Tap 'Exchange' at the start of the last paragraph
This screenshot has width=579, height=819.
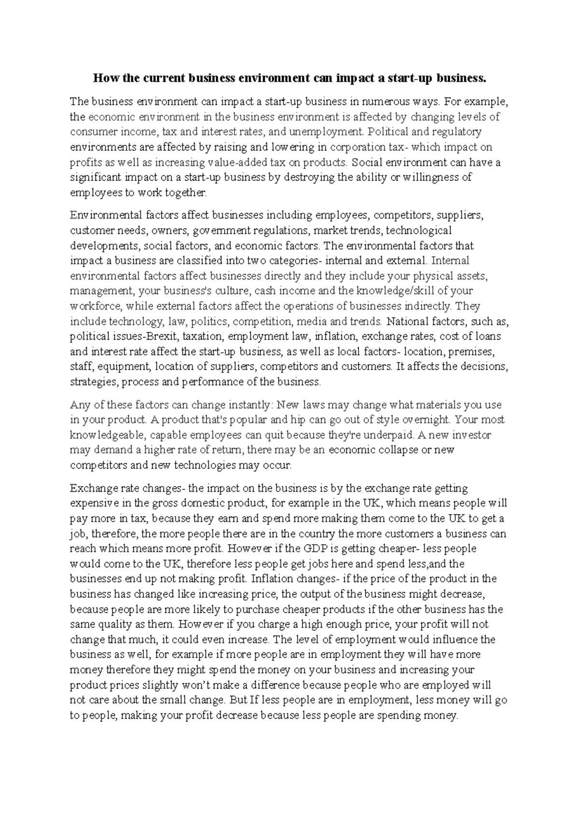[x=88, y=488]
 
